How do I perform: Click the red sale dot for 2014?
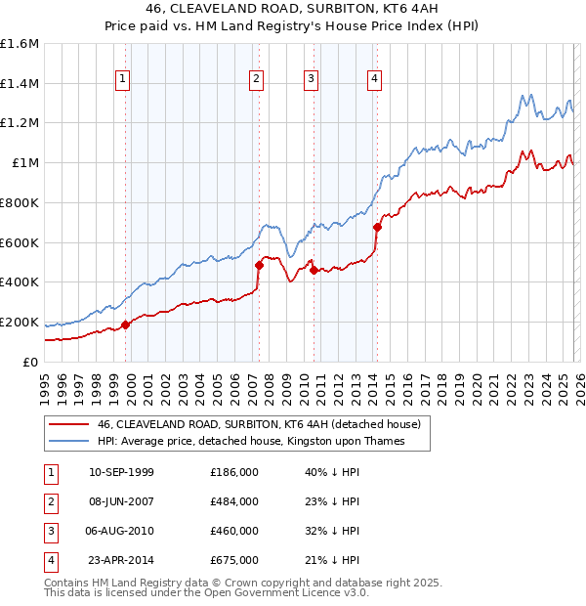(377, 228)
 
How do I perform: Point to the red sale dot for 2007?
(259, 265)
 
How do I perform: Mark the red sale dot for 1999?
(126, 325)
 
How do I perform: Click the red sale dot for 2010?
(314, 270)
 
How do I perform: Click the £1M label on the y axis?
(25, 163)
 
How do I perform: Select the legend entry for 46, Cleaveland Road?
(259, 424)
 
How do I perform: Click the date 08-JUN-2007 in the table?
(121, 501)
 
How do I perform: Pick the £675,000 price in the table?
(234, 560)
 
